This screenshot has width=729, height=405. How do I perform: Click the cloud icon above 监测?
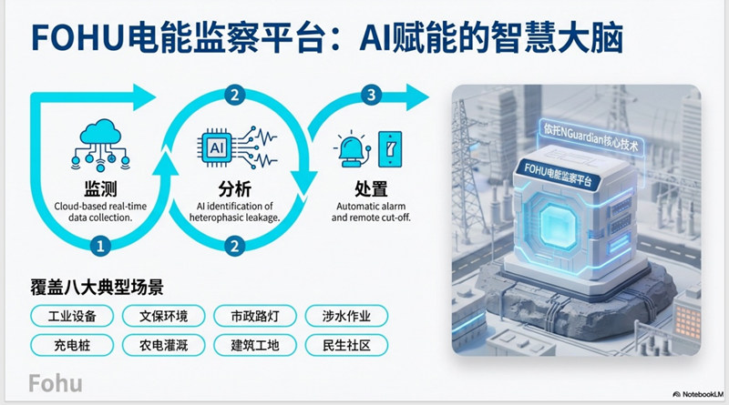tap(100, 145)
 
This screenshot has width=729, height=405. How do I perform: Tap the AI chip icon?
tap(217, 147)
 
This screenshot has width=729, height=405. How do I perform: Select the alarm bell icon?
tap(353, 149)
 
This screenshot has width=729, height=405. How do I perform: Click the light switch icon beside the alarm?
tap(390, 148)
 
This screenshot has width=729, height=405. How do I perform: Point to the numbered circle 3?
tap(371, 95)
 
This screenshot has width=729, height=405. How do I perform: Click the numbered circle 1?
tap(100, 245)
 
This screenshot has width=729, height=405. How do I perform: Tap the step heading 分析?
tap(235, 189)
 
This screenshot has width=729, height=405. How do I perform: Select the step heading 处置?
tap(371, 189)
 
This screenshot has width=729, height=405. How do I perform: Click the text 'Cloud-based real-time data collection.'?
tap(100, 212)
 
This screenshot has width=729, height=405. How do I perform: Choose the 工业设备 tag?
tap(72, 317)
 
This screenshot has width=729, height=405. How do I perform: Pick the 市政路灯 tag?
tap(255, 317)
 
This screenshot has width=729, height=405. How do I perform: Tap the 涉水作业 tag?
tap(346, 317)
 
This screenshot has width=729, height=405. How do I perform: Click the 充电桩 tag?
tap(72, 345)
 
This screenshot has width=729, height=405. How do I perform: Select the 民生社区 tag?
tap(346, 345)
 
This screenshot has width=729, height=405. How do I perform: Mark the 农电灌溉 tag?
tap(164, 345)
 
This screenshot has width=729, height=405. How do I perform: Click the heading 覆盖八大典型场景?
tap(98, 288)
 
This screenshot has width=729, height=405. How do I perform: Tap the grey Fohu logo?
tap(56, 383)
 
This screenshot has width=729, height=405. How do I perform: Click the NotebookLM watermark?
tap(698, 394)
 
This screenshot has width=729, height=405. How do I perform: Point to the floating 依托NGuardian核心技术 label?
tap(590, 137)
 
